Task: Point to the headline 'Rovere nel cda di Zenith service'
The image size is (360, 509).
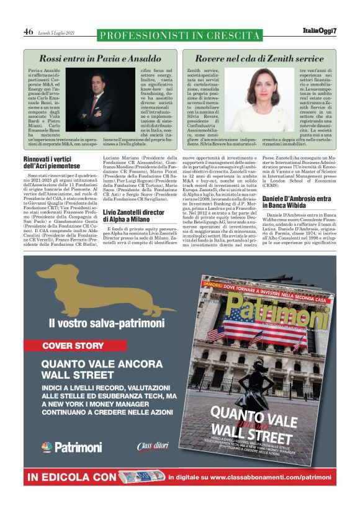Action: click(259, 58)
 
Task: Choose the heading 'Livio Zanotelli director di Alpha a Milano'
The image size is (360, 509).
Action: click(136, 215)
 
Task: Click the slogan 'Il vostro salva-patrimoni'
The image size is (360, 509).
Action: click(107, 323)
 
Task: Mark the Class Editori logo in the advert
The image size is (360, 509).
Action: click(153, 446)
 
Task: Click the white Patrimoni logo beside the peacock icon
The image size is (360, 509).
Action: click(78, 447)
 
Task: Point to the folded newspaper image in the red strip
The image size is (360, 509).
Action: click(141, 477)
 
